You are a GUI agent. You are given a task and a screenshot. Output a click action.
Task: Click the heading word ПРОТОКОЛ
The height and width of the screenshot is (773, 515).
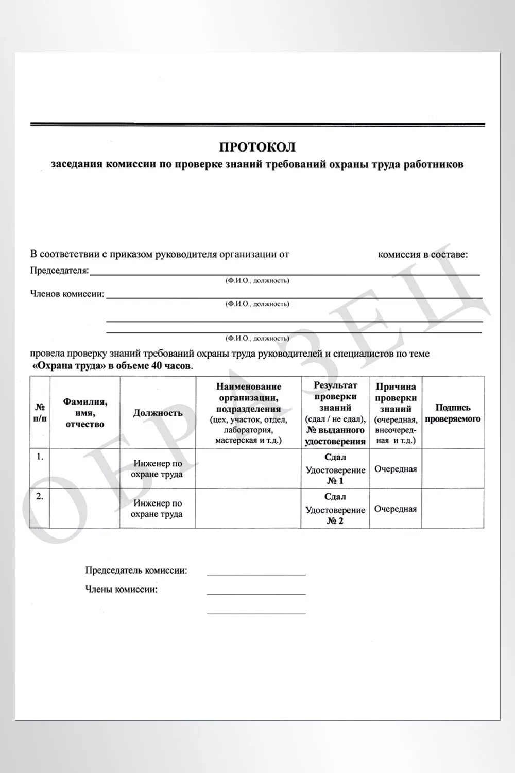click(x=257, y=147)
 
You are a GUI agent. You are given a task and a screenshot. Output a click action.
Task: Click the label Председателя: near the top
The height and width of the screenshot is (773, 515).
click(x=59, y=271)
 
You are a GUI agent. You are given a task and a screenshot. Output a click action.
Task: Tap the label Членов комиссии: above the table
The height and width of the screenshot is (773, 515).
click(x=67, y=294)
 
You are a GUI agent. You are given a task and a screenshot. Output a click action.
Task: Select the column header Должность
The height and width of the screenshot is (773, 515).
click(x=158, y=413)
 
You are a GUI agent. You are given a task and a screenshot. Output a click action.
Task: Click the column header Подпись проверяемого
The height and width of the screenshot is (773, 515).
click(x=452, y=413)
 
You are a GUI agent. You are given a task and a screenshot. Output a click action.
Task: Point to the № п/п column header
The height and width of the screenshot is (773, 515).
click(x=40, y=413)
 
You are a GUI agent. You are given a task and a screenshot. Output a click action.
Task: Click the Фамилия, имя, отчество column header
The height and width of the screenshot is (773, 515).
click(x=85, y=413)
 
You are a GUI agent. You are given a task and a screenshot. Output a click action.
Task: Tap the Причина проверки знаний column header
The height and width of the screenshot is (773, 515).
click(x=396, y=413)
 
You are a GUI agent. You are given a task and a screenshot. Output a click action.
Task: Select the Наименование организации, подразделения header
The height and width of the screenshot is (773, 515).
click(x=248, y=413)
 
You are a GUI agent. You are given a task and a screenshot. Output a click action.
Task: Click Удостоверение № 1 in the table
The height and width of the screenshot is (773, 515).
click(x=335, y=475)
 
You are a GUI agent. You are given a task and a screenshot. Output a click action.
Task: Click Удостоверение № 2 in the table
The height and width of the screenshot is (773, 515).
click(x=335, y=515)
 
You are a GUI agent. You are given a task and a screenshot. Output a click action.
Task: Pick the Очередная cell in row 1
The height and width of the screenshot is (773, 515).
click(x=396, y=469)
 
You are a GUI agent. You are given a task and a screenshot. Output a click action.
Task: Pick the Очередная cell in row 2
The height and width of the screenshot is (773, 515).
click(x=396, y=509)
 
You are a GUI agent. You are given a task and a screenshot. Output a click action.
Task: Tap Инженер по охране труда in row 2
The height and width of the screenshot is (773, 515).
click(x=158, y=509)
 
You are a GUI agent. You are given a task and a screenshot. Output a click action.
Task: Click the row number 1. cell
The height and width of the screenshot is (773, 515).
click(x=40, y=457)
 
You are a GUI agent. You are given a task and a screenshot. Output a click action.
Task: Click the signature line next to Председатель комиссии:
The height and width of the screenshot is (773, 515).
click(x=256, y=572)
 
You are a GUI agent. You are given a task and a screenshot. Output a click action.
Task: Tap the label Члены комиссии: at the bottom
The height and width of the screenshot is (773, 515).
click(x=121, y=590)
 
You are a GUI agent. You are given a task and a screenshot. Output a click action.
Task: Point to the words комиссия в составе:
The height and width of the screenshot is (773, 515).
click(x=423, y=254)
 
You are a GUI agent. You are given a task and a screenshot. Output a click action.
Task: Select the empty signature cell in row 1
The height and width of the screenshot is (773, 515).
click(x=452, y=468)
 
